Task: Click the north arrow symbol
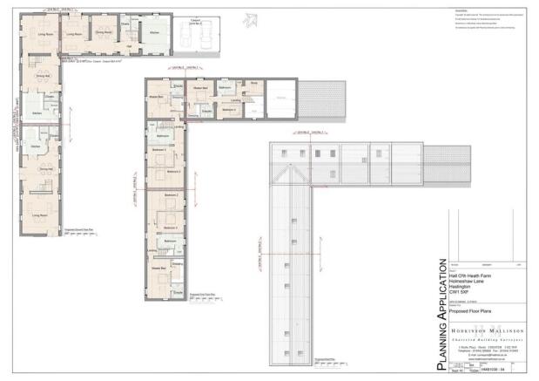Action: [251, 17]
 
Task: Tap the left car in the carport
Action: [185, 34]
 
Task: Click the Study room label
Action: [254, 85]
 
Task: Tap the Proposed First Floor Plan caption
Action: [204, 295]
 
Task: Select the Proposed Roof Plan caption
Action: [326, 358]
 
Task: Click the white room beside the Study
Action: [280, 97]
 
